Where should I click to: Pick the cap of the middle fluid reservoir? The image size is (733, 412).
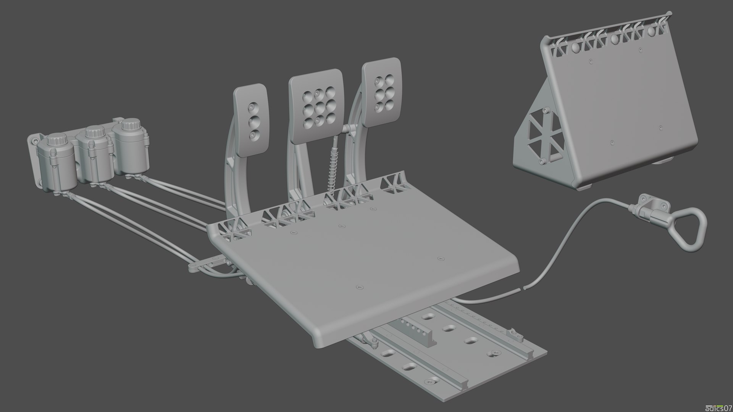pos(94,132)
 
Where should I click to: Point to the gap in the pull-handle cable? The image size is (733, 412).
pos(522,288)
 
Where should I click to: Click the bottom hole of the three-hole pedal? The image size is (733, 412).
pos(253,135)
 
